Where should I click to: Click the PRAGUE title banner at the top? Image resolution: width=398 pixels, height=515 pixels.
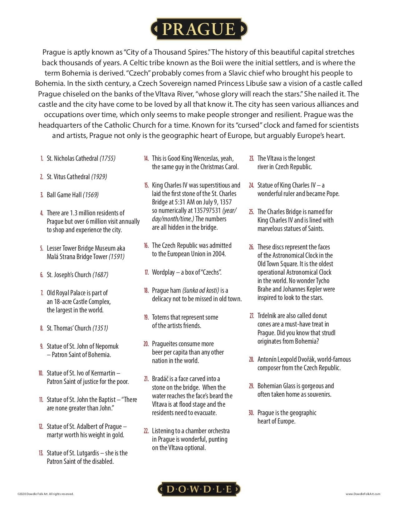click(x=199, y=29)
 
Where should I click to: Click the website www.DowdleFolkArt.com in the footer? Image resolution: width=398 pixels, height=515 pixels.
click(x=363, y=494)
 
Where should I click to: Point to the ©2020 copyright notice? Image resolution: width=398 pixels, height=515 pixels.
click(x=46, y=494)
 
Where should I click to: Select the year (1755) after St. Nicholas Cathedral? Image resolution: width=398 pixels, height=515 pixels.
click(x=107, y=158)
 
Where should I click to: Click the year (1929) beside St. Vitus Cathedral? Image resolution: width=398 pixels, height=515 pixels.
click(x=99, y=177)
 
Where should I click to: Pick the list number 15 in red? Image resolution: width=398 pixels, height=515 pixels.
click(x=146, y=185)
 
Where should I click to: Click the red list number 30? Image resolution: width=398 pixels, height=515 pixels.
click(x=251, y=413)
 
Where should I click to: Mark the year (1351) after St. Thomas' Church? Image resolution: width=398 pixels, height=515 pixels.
click(x=100, y=328)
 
